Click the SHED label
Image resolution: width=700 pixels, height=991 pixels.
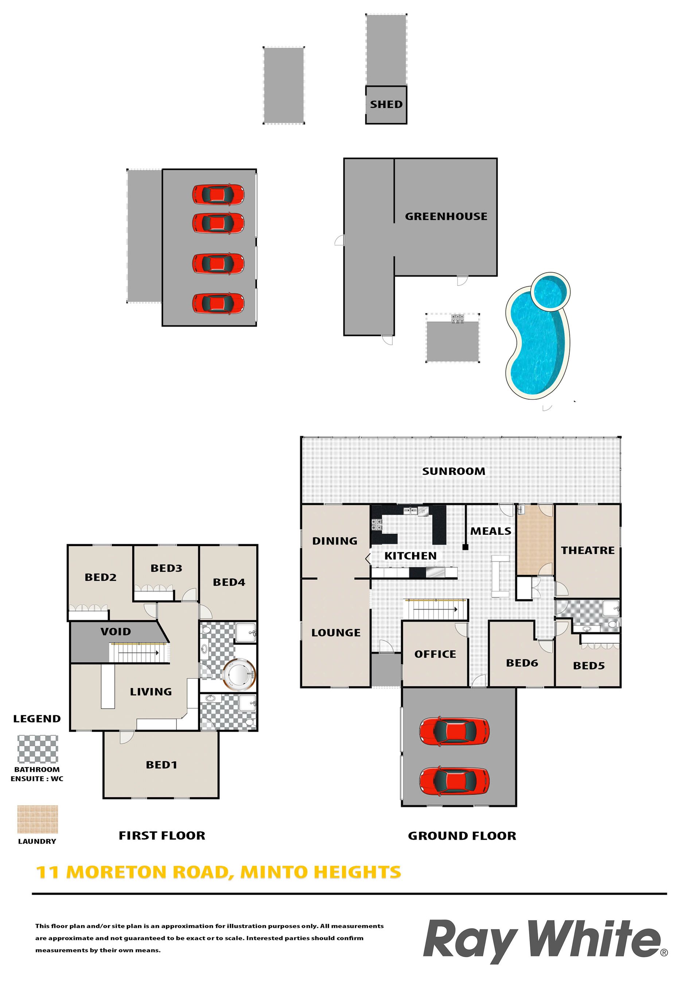(x=386, y=104)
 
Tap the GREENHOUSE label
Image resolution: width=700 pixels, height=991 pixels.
(x=446, y=216)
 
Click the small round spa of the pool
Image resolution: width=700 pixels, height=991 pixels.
(x=550, y=291)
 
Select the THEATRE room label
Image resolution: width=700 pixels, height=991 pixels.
(x=588, y=550)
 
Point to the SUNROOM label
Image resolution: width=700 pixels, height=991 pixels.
(x=454, y=471)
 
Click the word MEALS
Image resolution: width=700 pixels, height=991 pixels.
(x=491, y=531)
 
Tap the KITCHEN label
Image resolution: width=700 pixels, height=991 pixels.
(x=411, y=556)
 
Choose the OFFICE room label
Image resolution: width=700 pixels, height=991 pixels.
(x=435, y=654)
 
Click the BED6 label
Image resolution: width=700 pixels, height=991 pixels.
(x=522, y=663)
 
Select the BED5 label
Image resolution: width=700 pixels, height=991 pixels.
(x=589, y=666)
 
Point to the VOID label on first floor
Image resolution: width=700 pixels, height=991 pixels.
(x=116, y=632)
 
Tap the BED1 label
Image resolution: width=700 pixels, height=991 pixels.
(x=162, y=765)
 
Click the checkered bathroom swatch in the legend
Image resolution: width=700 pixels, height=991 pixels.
(x=38, y=749)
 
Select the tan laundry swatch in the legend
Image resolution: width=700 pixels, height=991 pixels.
(x=38, y=819)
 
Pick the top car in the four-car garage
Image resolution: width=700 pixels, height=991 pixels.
(x=218, y=194)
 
